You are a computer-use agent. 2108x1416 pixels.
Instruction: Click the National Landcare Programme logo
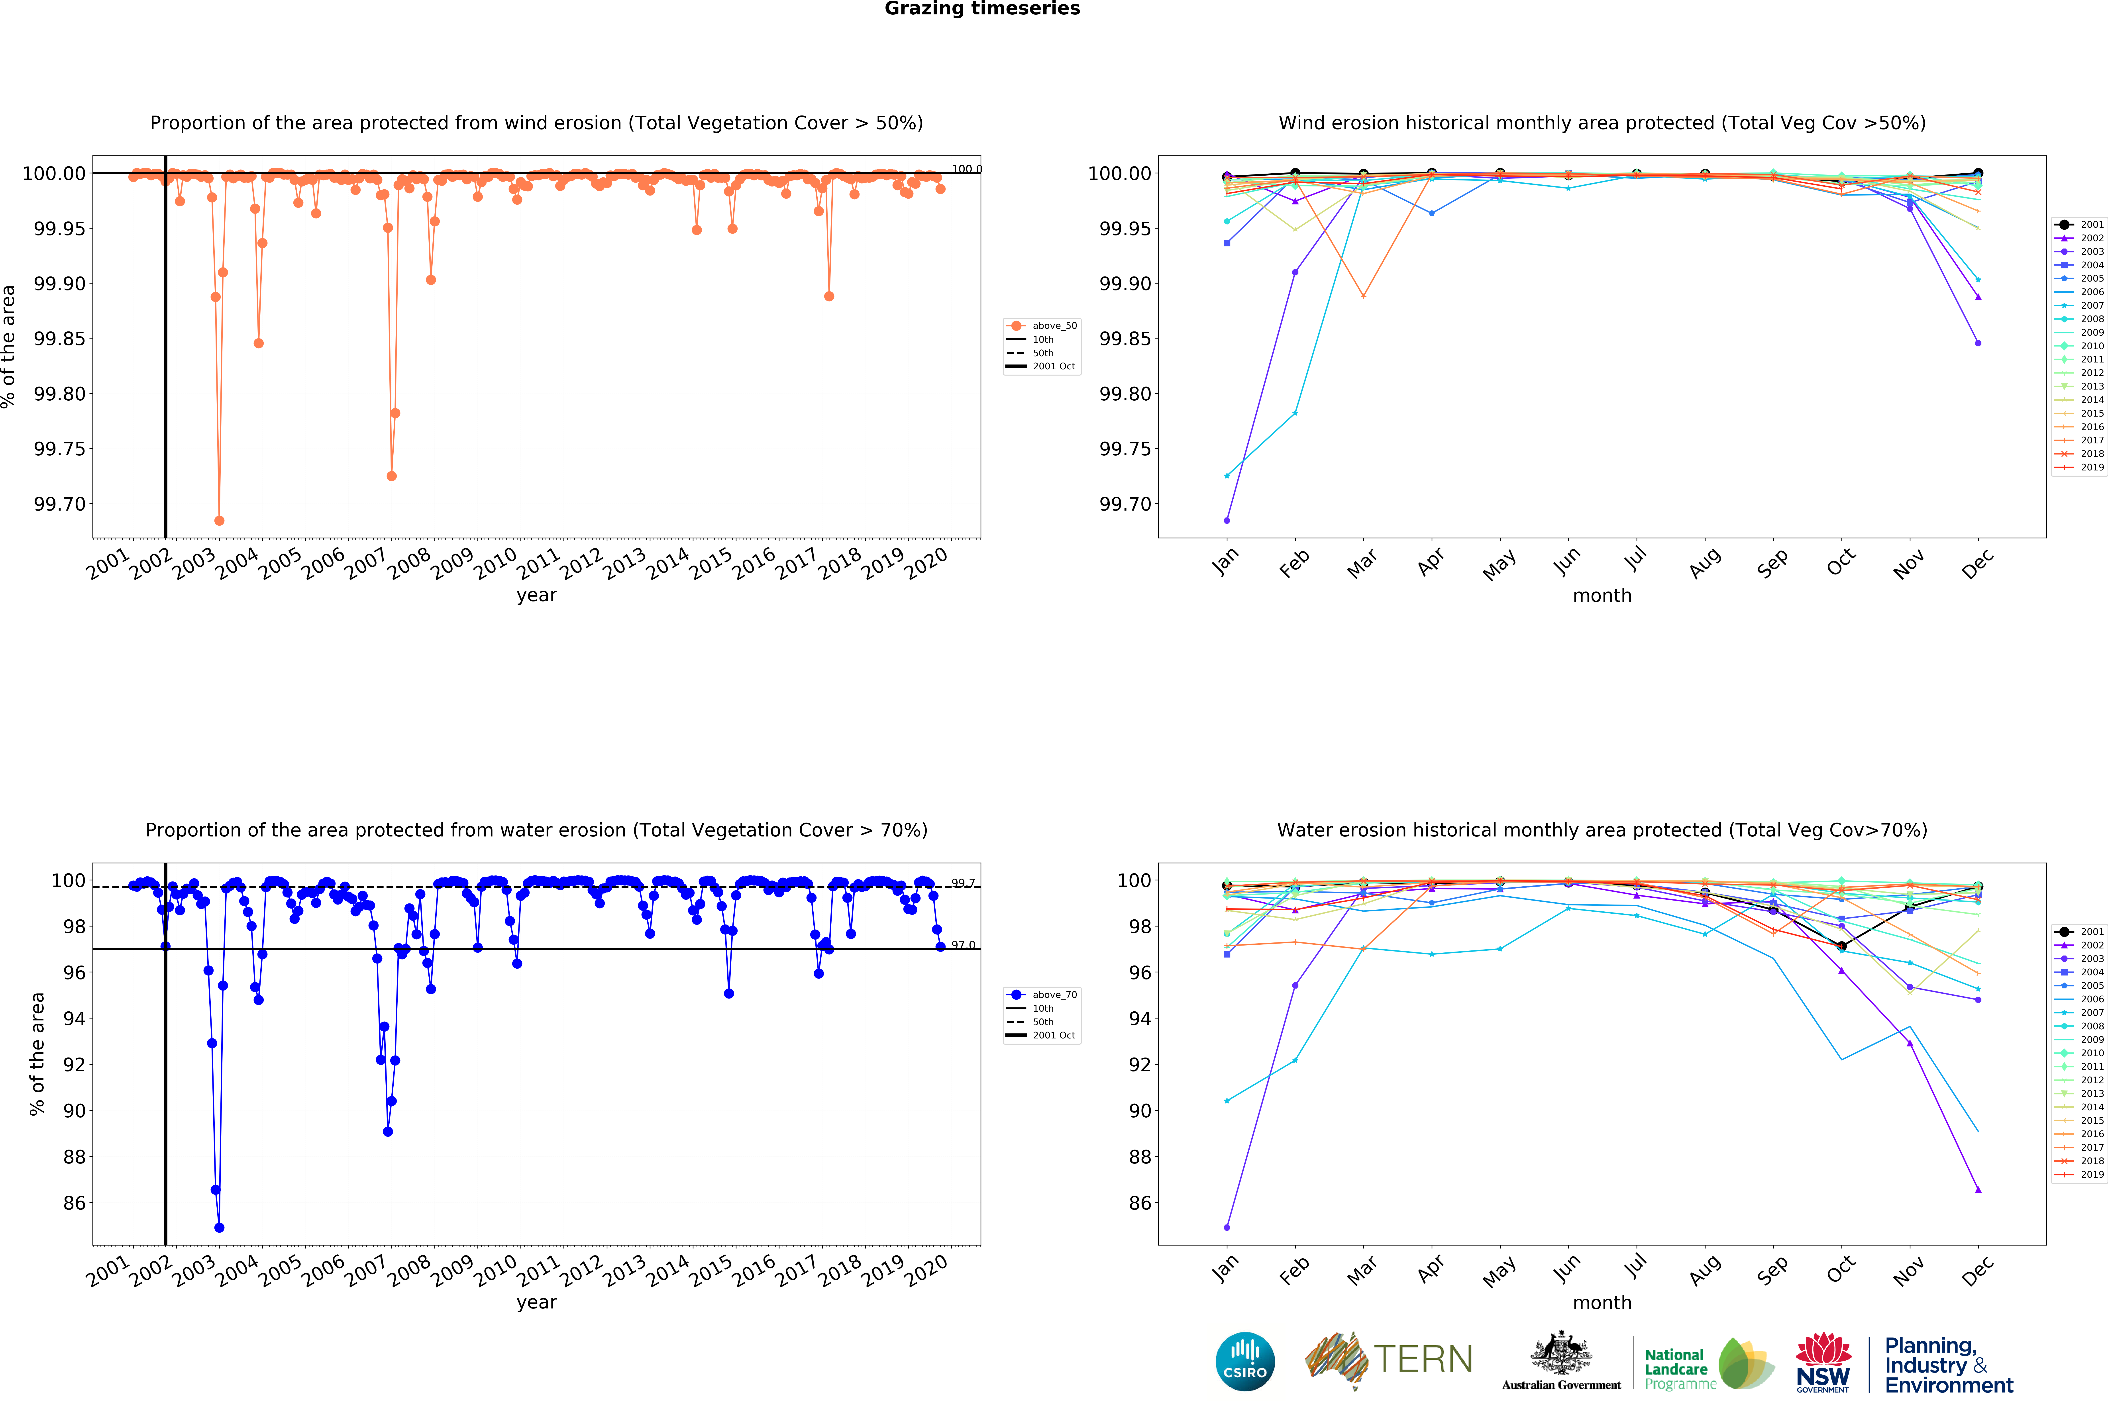(1707, 1364)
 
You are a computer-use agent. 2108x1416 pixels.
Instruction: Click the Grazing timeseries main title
(982, 9)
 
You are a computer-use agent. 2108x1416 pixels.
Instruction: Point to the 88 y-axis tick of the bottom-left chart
(74, 1157)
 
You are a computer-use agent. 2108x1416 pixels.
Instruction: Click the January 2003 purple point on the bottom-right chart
(1227, 1227)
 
